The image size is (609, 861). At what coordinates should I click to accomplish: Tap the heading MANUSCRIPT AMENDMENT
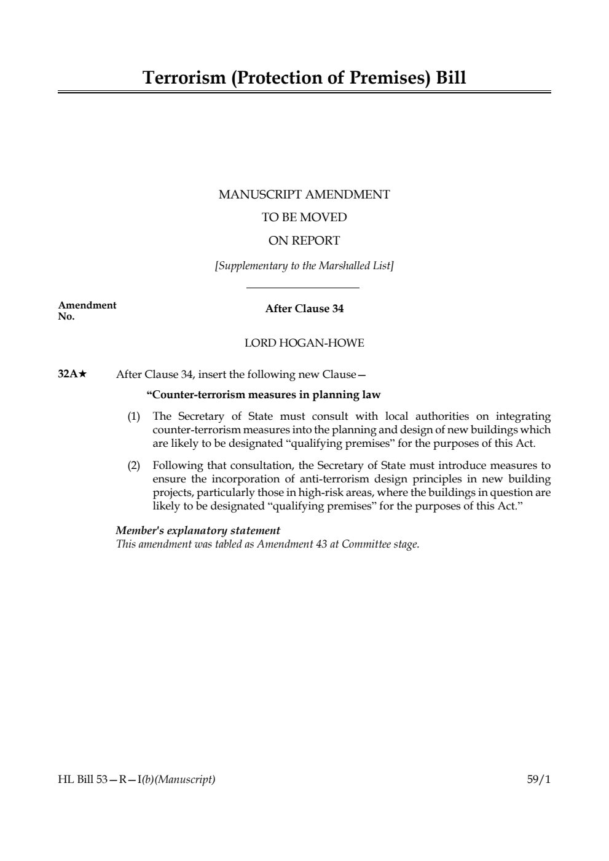point(304,195)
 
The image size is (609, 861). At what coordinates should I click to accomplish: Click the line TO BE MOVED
point(304,218)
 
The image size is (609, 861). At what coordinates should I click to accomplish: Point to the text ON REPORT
point(304,241)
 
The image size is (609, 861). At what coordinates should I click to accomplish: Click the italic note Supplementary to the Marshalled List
point(304,266)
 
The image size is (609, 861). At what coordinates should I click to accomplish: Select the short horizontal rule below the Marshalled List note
point(302,288)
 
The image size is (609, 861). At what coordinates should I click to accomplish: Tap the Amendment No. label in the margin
point(87,311)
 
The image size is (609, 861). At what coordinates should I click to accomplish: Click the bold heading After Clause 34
point(304,309)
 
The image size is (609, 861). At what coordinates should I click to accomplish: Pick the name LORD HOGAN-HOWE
point(304,343)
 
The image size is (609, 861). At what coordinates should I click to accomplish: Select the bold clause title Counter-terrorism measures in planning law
point(264,395)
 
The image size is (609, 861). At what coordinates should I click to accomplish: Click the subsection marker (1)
point(134,417)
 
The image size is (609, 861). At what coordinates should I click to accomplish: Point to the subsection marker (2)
point(134,466)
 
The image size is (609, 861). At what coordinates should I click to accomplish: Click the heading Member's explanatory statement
point(198,530)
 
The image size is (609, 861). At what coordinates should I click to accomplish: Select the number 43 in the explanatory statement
point(321,544)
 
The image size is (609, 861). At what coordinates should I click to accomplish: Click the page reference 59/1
point(539,780)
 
